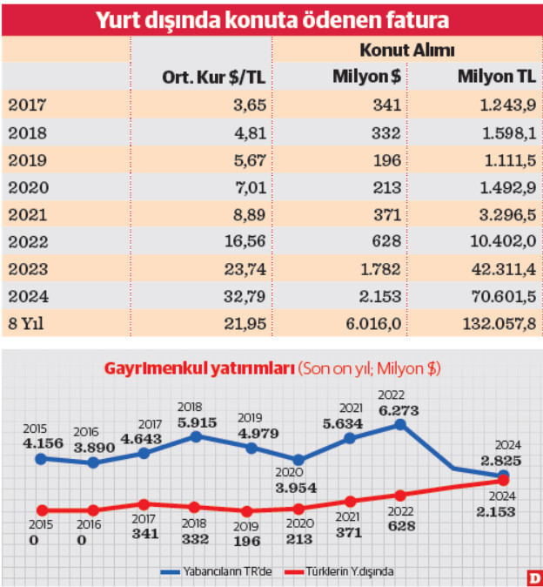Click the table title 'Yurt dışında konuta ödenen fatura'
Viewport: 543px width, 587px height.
point(271,18)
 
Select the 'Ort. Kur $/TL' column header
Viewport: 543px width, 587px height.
point(213,77)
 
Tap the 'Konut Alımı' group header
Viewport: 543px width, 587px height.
point(407,51)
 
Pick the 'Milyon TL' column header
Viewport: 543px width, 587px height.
point(496,77)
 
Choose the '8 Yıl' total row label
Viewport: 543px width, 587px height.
point(27,322)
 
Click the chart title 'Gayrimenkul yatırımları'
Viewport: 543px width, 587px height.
point(198,368)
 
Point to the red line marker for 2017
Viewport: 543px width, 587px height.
point(144,504)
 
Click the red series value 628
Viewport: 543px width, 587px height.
point(401,525)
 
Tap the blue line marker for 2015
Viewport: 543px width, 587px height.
point(40,457)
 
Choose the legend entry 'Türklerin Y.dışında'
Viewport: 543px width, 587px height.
point(345,572)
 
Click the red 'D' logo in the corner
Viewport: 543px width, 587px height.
point(533,577)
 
